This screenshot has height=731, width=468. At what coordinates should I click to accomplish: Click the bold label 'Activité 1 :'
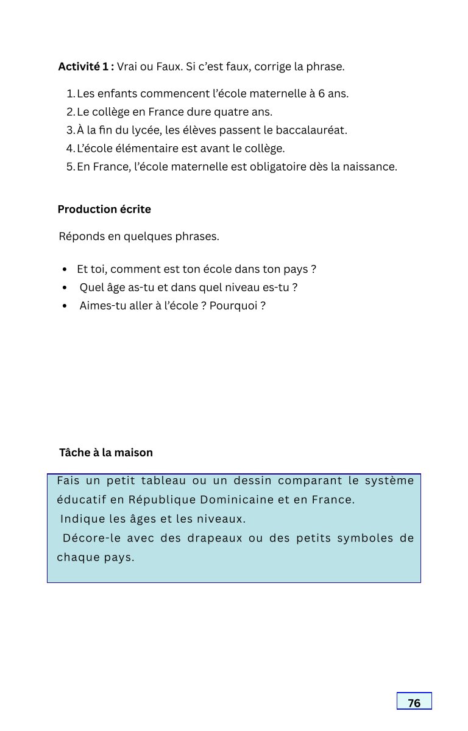click(x=86, y=66)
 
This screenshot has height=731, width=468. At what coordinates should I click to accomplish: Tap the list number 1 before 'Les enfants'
click(x=70, y=94)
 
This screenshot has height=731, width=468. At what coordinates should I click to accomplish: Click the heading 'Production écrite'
click(x=104, y=210)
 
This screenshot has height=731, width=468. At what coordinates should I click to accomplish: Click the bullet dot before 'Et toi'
click(x=65, y=269)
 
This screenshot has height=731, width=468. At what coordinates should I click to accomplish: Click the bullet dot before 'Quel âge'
click(x=65, y=288)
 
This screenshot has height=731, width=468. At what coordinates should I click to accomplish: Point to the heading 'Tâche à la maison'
click(x=106, y=453)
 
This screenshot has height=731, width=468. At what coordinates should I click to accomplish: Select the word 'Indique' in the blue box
click(x=80, y=520)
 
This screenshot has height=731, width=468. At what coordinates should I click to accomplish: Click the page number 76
click(x=414, y=703)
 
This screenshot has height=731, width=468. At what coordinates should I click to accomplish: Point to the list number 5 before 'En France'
click(x=70, y=166)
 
